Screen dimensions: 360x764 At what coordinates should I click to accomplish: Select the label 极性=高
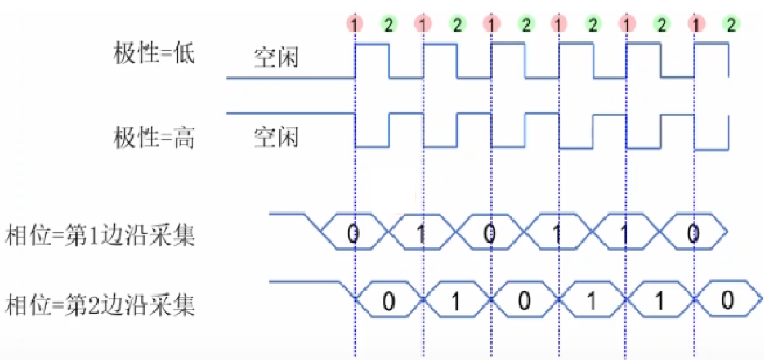(x=154, y=138)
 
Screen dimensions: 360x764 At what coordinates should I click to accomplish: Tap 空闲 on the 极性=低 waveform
(x=276, y=58)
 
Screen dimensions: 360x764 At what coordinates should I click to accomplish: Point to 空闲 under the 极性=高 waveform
(x=276, y=137)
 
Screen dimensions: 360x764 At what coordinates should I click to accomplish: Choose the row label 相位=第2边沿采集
(x=99, y=306)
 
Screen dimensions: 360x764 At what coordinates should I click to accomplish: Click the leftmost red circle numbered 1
(x=355, y=24)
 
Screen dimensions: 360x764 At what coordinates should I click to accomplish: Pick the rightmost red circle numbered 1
(x=698, y=24)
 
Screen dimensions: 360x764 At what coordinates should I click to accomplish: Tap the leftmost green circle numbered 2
(x=388, y=24)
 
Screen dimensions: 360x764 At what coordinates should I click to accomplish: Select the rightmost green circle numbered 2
(x=730, y=24)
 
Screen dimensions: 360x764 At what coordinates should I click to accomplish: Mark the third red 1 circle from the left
(x=491, y=24)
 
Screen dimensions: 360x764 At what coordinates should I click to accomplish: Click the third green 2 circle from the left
(x=525, y=24)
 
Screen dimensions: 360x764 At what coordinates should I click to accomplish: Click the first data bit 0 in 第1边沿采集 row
(x=352, y=234)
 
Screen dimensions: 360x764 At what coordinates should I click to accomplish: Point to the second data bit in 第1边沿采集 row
(x=420, y=234)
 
